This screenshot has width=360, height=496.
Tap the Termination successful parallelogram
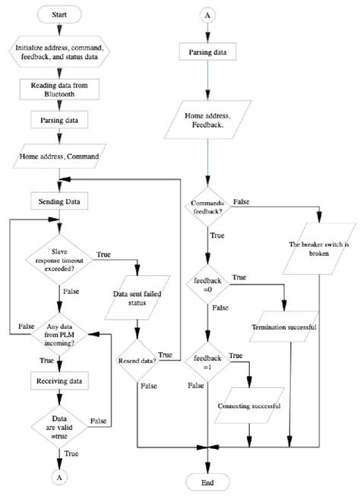point(284,327)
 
